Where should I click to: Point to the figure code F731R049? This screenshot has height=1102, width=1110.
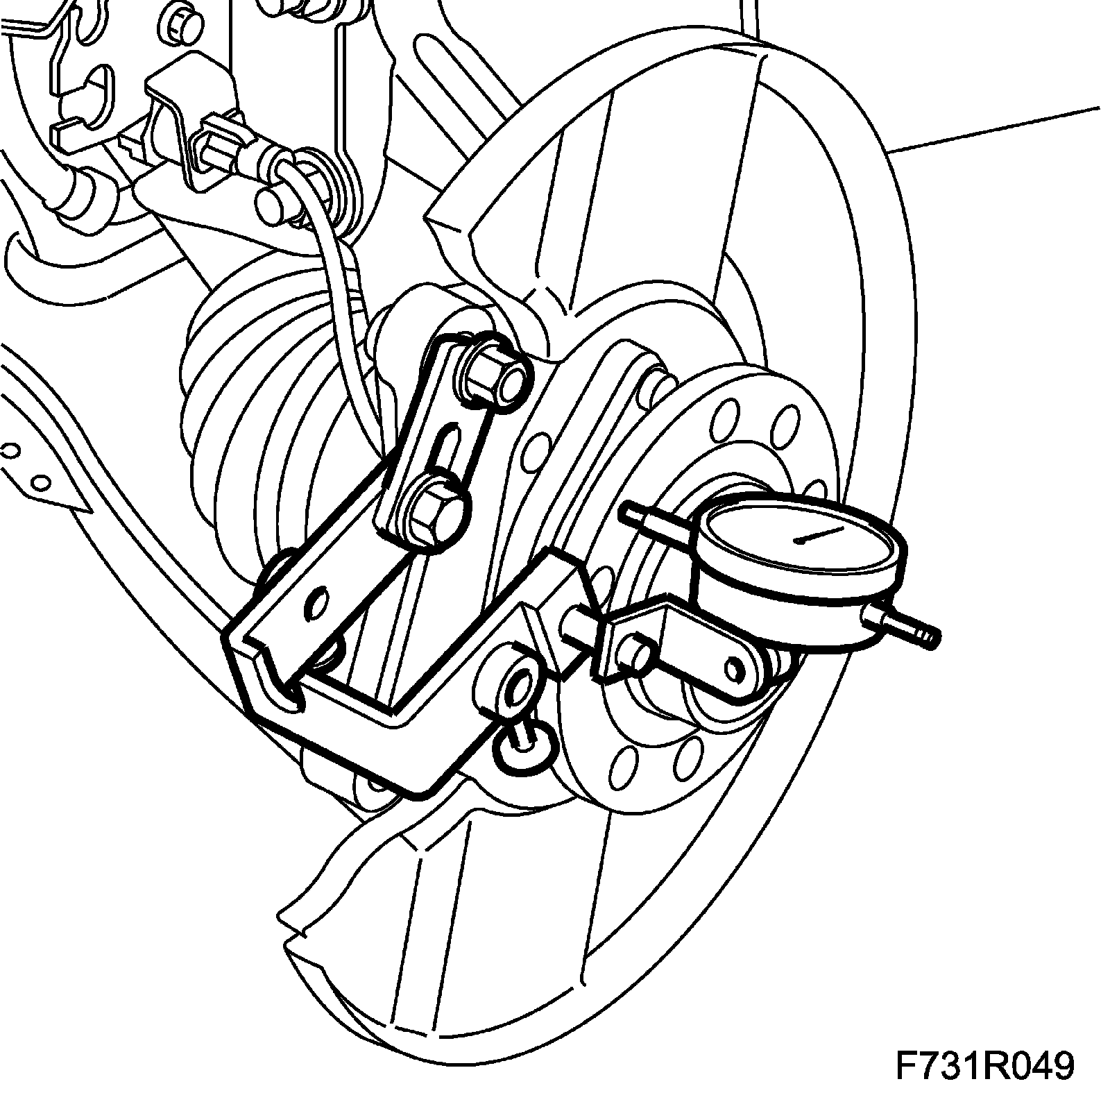(x=985, y=1067)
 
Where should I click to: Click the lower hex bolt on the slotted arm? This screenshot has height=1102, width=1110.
(x=435, y=512)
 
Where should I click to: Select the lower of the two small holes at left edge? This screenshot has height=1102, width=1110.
(x=40, y=481)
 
